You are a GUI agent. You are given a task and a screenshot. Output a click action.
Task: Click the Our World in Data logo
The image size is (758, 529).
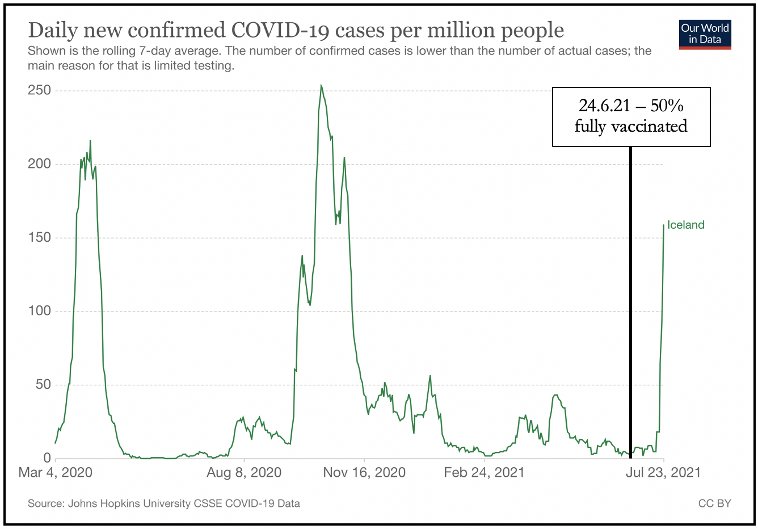[x=705, y=34]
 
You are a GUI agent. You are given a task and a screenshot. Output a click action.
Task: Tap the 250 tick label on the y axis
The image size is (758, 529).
[x=40, y=90]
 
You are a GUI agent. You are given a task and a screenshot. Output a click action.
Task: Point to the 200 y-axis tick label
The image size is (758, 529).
[x=40, y=164]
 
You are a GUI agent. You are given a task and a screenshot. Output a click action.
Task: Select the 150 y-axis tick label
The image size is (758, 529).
[x=40, y=237]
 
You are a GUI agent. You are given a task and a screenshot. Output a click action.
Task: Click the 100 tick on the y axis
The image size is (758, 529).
[x=40, y=311]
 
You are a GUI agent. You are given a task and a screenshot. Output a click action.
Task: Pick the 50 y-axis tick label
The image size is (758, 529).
[x=43, y=384]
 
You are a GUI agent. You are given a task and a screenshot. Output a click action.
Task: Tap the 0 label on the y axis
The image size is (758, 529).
[x=47, y=458]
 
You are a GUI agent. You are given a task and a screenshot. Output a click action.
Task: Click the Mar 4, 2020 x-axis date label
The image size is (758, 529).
[x=56, y=473]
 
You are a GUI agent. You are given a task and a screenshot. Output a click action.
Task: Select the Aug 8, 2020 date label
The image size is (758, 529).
[x=244, y=473]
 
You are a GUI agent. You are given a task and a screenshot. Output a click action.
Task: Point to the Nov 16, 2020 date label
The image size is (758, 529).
[x=364, y=473]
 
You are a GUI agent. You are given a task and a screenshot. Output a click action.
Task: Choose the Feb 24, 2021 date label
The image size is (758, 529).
[x=484, y=473]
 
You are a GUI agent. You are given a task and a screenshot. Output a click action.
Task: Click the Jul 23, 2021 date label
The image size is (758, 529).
[x=663, y=473]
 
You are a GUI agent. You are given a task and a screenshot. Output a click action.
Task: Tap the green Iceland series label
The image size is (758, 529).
[x=685, y=225]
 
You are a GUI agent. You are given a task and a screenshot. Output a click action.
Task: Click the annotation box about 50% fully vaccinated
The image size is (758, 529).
[x=631, y=116]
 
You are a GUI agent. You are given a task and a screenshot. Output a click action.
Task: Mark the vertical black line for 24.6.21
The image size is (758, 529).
[x=630, y=301]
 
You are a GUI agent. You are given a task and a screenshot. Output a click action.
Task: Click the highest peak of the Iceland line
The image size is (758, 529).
[x=321, y=86]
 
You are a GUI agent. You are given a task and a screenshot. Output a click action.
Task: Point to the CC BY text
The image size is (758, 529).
[x=715, y=503]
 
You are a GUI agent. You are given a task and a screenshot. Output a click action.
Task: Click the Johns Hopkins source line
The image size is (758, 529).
[x=164, y=503]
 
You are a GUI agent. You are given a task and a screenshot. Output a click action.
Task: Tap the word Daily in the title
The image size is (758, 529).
[x=52, y=30]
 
